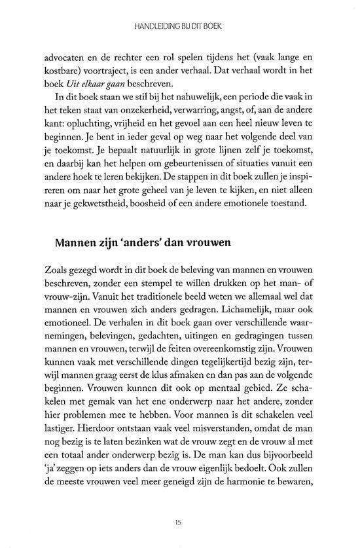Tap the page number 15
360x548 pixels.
point(178,521)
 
